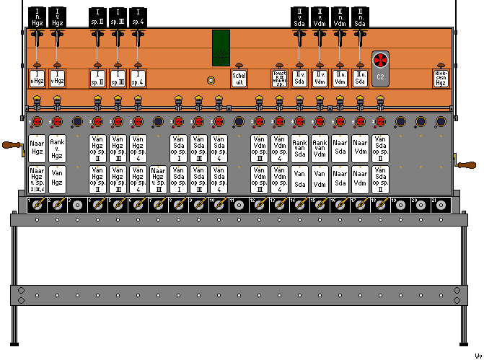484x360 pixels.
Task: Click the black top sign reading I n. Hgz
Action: pos(38,17)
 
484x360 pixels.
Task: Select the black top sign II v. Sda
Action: pos(299,17)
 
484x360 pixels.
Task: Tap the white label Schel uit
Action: pos(239,78)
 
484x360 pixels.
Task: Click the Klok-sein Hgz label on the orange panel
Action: pos(440,78)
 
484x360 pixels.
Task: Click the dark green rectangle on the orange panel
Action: pos(221,46)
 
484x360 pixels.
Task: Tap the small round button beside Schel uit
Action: pos(211,81)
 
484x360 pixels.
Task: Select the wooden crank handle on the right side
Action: pos(467,166)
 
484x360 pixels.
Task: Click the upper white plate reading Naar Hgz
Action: pos(38,146)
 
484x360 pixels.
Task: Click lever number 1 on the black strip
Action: pos(37,206)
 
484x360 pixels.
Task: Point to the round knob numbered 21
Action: pos(441,206)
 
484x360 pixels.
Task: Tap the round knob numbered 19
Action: pos(400,206)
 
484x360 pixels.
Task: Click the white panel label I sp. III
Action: pos(118,78)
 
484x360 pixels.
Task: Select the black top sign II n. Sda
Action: pos(360,17)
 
